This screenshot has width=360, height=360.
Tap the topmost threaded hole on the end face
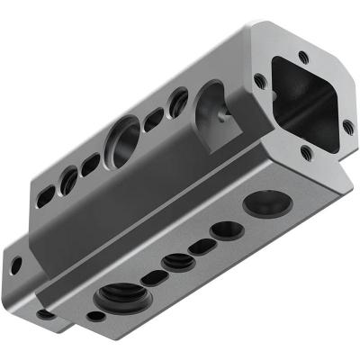(x=303, y=58)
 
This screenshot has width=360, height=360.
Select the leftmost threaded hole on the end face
(x=260, y=80)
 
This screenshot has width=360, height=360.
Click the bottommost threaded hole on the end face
(x=305, y=153)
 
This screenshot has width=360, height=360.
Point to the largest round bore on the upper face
(x=123, y=141)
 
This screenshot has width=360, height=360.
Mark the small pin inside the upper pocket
(x=221, y=114)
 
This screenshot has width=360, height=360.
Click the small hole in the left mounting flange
(x=16, y=265)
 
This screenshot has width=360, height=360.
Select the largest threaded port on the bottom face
(x=120, y=295)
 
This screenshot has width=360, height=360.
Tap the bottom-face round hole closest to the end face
(x=266, y=202)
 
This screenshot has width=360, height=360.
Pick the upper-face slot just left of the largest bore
(x=91, y=165)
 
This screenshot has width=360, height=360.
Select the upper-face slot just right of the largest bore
(x=154, y=118)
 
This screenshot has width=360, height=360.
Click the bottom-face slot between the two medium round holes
(x=202, y=247)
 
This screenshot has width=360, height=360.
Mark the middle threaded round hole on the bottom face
(x=177, y=262)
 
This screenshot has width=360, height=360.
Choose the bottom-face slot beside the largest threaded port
(x=154, y=278)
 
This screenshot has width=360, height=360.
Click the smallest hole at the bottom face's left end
(x=95, y=317)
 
